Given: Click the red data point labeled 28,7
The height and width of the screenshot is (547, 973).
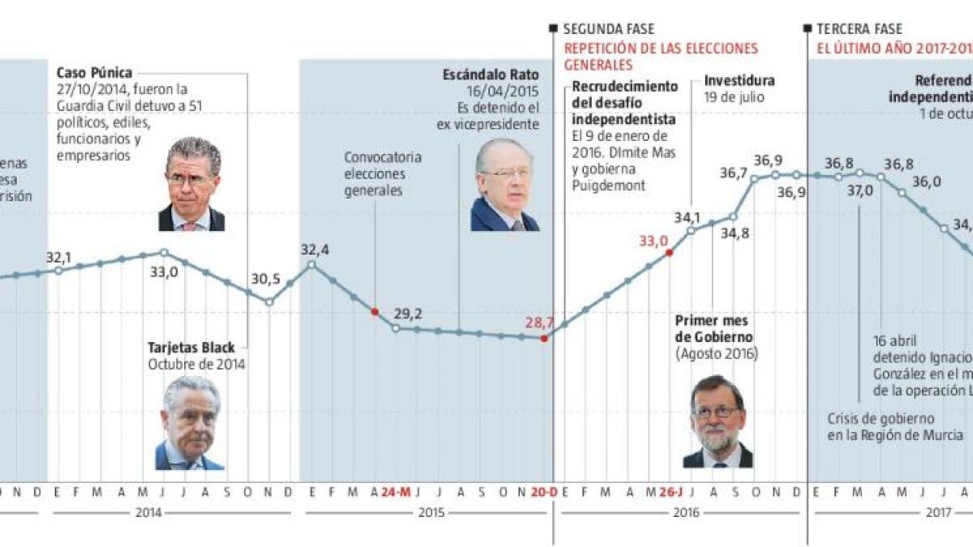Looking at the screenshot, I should (x=543, y=338).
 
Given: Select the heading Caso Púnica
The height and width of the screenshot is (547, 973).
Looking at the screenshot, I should (x=94, y=73).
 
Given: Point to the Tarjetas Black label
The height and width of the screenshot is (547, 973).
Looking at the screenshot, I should (x=191, y=348).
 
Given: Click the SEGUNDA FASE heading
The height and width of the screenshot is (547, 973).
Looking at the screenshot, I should (x=609, y=29).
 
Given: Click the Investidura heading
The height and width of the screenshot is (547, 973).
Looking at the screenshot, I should (x=739, y=80).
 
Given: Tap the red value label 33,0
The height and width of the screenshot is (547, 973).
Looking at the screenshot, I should (x=654, y=240).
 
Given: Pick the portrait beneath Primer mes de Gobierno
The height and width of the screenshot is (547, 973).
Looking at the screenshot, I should (x=717, y=421).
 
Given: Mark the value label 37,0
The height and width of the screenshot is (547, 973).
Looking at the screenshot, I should (x=860, y=190).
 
